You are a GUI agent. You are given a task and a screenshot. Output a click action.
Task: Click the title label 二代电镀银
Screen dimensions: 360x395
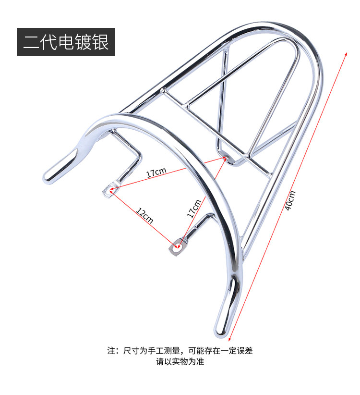[66, 42]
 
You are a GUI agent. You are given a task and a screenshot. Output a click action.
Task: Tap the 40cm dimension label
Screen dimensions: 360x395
[290, 200]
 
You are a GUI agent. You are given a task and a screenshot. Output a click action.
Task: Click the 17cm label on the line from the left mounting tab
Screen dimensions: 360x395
[156, 172]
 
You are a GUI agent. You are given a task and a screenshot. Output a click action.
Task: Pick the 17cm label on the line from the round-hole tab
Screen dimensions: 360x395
[195, 207]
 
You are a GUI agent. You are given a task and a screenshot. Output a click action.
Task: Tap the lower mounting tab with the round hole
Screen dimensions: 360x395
[178, 247]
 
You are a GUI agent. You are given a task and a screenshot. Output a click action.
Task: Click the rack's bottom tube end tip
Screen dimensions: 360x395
[221, 330]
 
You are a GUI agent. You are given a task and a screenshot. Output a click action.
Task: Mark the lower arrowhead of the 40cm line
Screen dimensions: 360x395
[230, 339]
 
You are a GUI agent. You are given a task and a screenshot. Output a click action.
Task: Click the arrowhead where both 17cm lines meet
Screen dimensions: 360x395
[225, 156]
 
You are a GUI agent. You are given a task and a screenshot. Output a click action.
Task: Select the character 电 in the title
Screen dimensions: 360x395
[66, 42]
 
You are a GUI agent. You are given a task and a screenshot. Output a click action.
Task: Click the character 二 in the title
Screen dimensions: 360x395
[32, 42]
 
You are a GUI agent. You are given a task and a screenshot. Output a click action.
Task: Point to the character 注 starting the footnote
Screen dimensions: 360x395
[111, 351]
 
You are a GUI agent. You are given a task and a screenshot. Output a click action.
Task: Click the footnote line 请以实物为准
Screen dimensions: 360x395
[180, 362]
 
